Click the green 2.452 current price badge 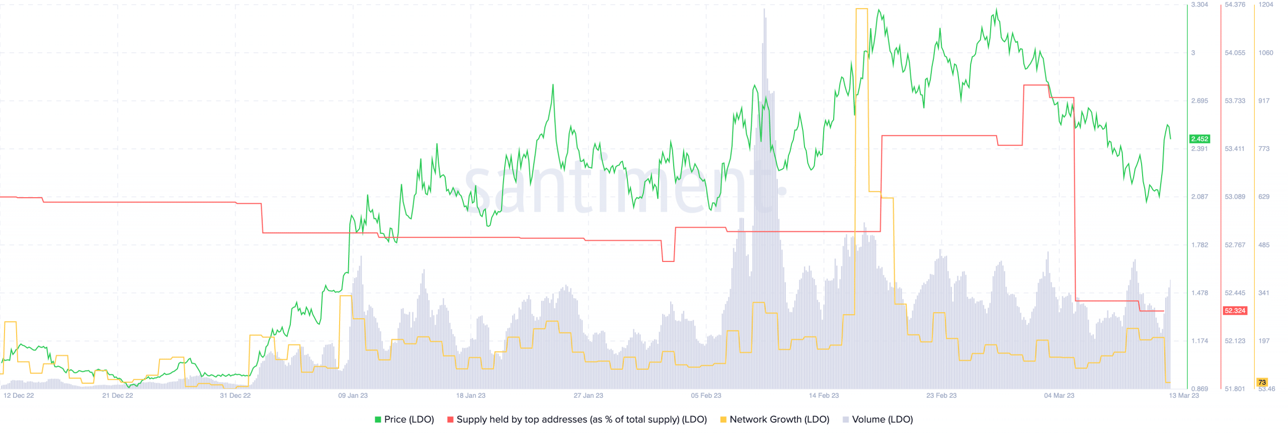(x=1199, y=139)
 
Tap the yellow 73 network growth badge (x=1261, y=382)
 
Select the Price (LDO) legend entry (x=404, y=419)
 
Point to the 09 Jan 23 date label (x=353, y=395)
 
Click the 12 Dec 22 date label (x=19, y=395)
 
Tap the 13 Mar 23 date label (x=1183, y=395)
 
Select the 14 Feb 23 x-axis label (x=824, y=395)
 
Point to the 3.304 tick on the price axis (x=1199, y=5)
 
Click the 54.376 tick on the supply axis (x=1235, y=5)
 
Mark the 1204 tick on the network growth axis (x=1265, y=5)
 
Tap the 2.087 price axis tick (x=1199, y=197)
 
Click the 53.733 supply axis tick (x=1235, y=101)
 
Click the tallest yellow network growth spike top (x=861, y=9)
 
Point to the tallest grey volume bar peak (x=764, y=9)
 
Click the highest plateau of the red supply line (x=1035, y=85)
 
